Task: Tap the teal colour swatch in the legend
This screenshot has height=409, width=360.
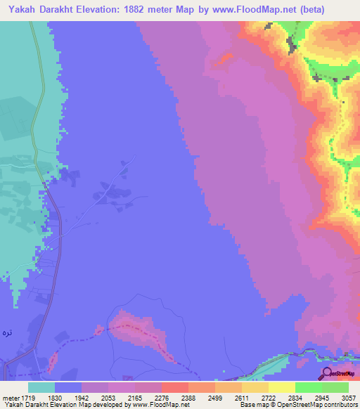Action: (x=41, y=387)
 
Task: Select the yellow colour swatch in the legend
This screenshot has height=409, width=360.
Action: (x=282, y=387)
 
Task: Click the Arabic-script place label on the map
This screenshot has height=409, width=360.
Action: (x=7, y=332)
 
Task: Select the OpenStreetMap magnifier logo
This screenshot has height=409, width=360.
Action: (x=326, y=374)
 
